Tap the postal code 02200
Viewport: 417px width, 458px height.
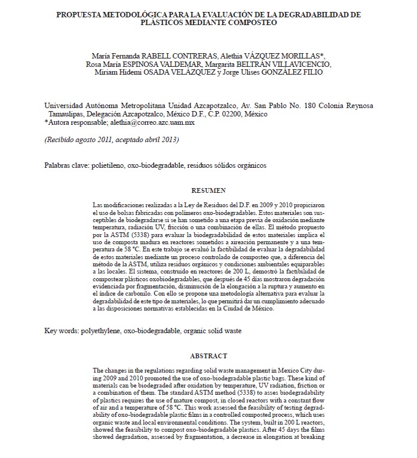click(236, 114)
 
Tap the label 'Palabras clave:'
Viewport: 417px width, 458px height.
click(66, 165)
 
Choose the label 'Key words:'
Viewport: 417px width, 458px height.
click(61, 330)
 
